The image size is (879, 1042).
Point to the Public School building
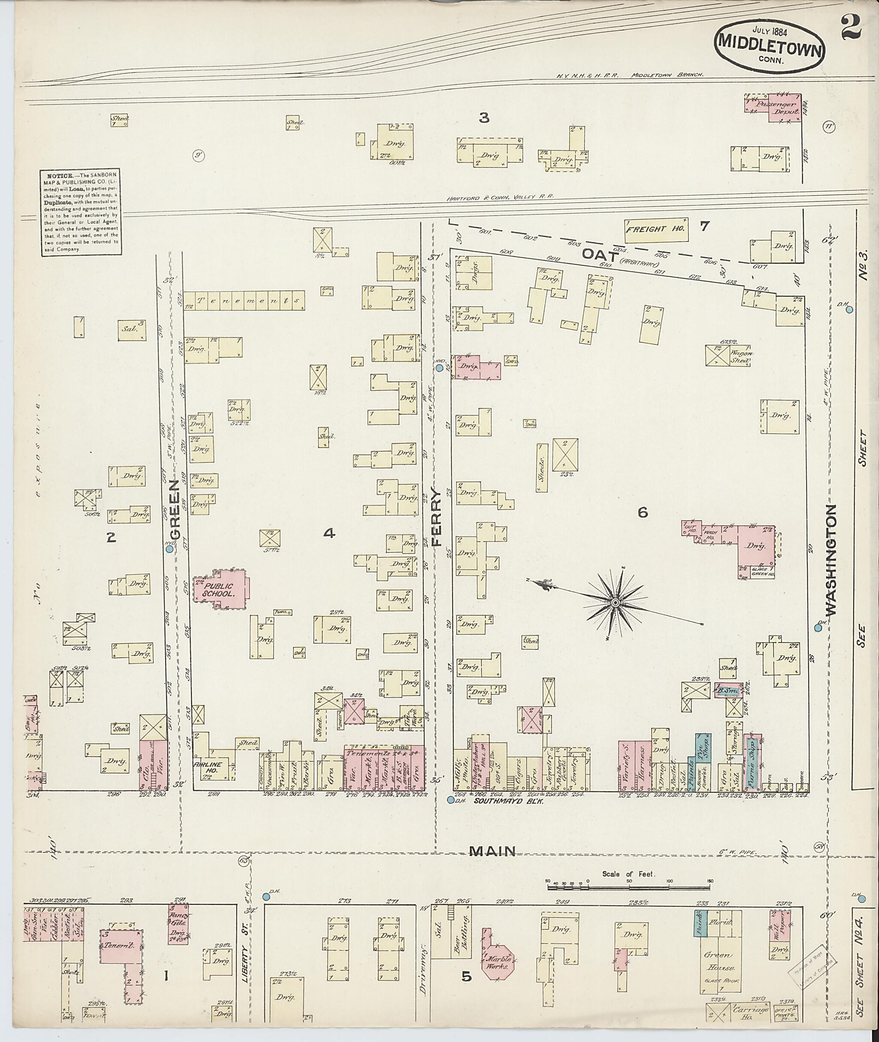221,590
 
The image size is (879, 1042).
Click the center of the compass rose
615,603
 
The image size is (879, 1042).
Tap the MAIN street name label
493,852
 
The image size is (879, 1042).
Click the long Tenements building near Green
244,300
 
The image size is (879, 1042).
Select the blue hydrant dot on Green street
170,549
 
